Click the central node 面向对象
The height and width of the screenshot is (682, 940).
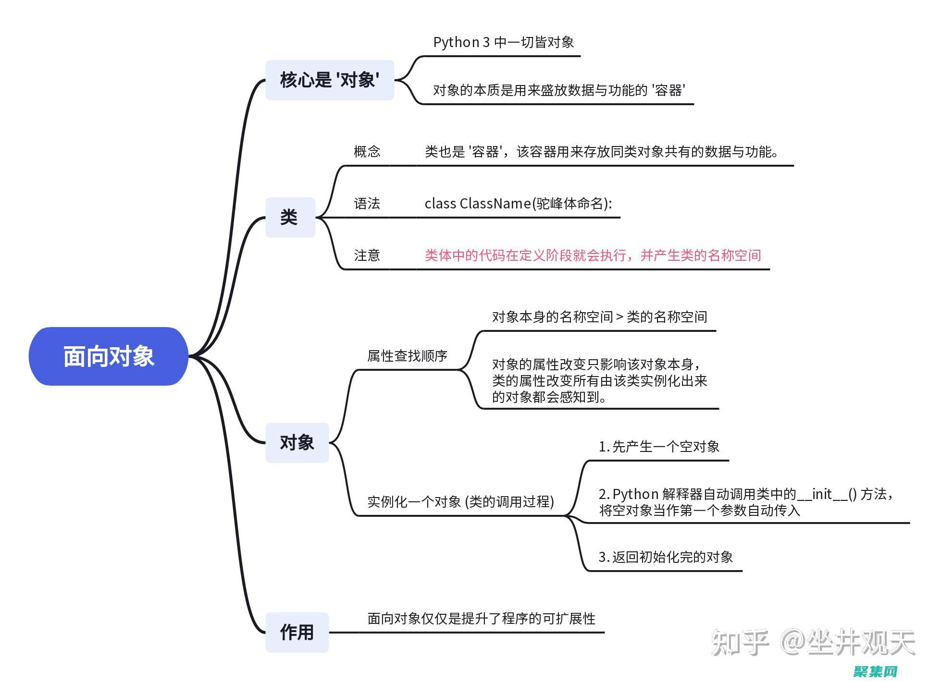tap(109, 356)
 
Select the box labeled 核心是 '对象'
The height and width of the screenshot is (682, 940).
tap(330, 80)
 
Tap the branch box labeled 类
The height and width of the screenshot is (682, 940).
tap(290, 217)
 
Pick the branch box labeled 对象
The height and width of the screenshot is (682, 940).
tap(297, 442)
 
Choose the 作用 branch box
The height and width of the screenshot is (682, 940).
tap(297, 632)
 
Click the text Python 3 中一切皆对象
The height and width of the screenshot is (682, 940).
tap(503, 42)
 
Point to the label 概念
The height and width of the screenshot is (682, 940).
tap(367, 152)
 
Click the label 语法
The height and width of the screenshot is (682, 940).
tap(367, 204)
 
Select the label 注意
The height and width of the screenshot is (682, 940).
tap(367, 255)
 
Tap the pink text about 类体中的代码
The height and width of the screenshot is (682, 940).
tap(593, 255)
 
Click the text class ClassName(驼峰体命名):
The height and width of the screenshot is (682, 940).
tap(518, 204)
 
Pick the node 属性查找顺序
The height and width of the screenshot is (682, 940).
tap(407, 356)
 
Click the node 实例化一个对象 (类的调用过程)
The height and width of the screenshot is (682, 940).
tap(460, 502)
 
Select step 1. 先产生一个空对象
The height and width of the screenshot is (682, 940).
tap(658, 447)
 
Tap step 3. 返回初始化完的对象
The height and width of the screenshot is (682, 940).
tap(665, 557)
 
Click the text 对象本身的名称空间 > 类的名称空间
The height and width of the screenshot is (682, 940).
tap(599, 317)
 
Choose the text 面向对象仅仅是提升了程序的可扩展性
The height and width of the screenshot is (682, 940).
tap(481, 619)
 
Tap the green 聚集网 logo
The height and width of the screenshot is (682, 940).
tap(876, 671)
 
